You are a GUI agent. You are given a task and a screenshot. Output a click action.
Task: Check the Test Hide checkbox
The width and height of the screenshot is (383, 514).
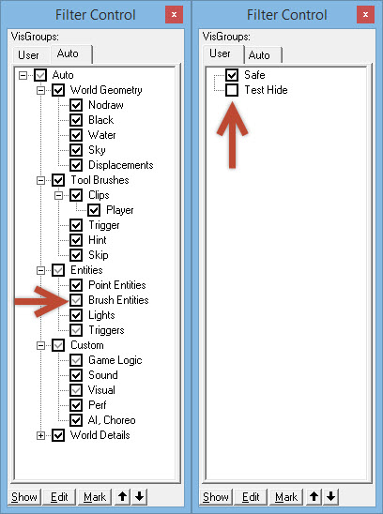click(x=232, y=90)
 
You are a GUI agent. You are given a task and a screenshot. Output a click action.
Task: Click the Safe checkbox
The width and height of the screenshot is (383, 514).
click(x=232, y=75)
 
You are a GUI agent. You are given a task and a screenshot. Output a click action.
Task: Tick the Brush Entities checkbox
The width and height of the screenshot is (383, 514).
click(x=76, y=300)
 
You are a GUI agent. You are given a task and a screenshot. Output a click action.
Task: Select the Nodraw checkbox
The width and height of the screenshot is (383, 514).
click(x=76, y=105)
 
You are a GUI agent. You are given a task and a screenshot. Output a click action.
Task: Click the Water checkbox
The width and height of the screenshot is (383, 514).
click(x=76, y=135)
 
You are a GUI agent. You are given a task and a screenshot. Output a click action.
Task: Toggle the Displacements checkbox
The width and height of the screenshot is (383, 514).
click(x=76, y=165)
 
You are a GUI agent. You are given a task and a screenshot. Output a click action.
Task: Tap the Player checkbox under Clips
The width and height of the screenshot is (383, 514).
click(x=94, y=210)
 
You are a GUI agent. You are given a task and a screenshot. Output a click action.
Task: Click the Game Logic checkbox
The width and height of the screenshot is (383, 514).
click(x=76, y=360)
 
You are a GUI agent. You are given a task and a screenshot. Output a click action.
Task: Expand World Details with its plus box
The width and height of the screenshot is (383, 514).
click(x=40, y=435)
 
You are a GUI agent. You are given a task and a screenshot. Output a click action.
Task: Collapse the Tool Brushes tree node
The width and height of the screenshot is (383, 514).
click(x=40, y=180)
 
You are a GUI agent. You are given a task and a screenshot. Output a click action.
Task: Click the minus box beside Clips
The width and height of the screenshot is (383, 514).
click(x=58, y=195)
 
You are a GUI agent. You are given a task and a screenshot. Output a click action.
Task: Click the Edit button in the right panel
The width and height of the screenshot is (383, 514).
click(x=251, y=497)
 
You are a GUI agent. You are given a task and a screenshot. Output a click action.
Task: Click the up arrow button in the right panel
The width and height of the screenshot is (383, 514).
click(x=314, y=497)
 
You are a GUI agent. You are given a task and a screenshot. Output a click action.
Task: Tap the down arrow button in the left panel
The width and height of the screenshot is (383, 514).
click(x=140, y=497)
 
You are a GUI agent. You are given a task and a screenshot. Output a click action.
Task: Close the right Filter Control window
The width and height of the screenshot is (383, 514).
click(x=365, y=14)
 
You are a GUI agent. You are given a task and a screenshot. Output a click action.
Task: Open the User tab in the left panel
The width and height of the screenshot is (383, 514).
click(x=28, y=55)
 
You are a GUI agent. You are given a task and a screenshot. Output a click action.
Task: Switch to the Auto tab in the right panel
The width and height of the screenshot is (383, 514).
click(x=259, y=55)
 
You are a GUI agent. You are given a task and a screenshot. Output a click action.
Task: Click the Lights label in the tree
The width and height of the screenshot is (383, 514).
click(x=101, y=315)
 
